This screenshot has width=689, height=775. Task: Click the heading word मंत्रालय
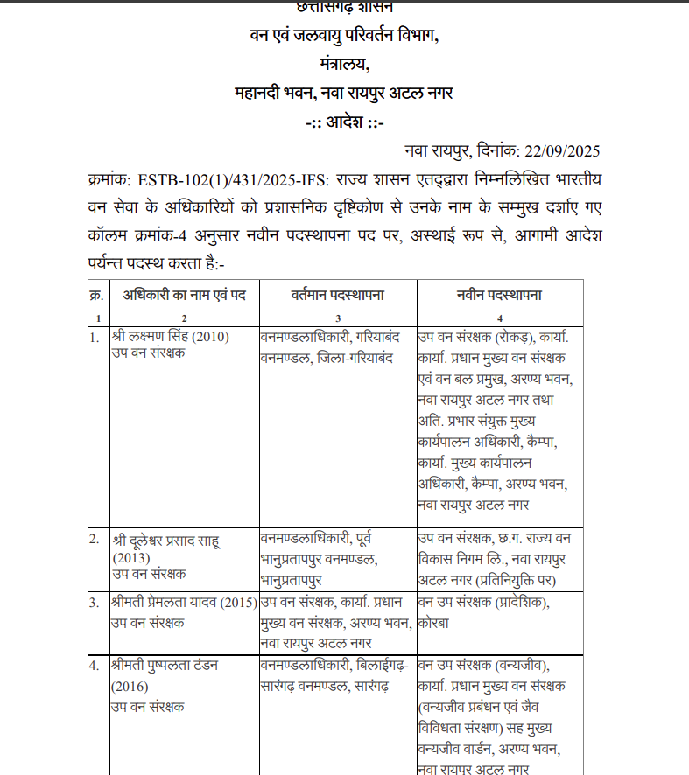coord(343,64)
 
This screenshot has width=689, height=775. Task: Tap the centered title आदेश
coord(345,122)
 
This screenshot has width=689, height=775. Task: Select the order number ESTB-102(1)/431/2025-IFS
coord(227,180)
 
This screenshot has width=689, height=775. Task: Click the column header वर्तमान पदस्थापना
coord(338,296)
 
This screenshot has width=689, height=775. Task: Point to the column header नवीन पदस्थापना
coord(499,296)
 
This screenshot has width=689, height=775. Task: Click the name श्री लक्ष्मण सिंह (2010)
coord(171,337)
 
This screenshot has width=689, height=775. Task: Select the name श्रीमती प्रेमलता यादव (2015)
coord(183,603)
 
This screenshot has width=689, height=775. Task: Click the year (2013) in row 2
coord(132,558)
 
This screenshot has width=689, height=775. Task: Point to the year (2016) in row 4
coord(132,685)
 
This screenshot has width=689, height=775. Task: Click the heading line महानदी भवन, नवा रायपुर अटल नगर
coord(343,93)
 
